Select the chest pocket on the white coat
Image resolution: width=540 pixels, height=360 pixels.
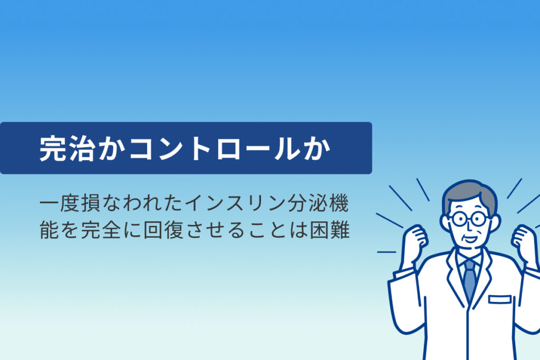point(499,299)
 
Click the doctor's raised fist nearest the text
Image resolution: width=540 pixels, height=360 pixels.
point(414,240)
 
